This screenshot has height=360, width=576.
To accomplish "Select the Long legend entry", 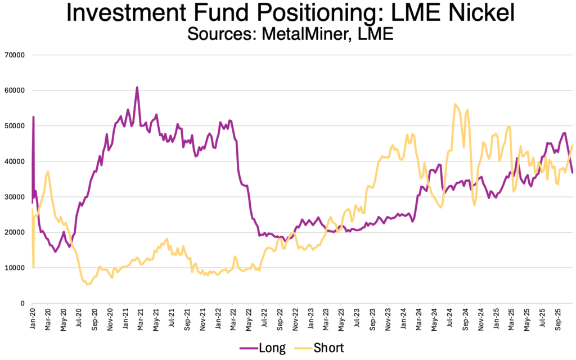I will coord(272,348).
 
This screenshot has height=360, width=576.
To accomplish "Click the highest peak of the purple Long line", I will coord(137,87).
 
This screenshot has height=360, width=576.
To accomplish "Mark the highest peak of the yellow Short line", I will coord(454,104).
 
